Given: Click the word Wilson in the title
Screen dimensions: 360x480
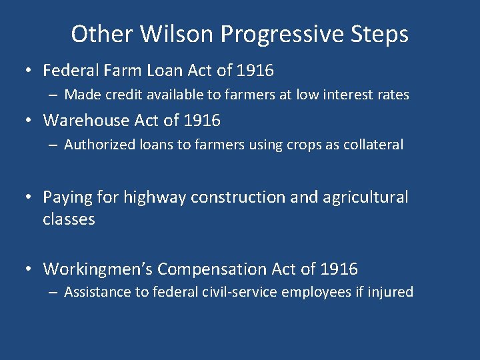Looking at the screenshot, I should coord(163,34).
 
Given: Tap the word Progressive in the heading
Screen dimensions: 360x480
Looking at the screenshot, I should coord(280,34).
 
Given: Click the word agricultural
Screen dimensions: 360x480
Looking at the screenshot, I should coord(365,197).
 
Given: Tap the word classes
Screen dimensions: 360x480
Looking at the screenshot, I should coord(69,219).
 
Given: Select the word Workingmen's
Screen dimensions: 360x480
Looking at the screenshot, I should coord(98,269).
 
